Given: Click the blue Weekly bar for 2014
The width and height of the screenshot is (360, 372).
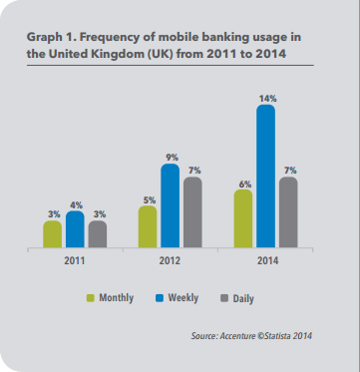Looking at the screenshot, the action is pos(265,177).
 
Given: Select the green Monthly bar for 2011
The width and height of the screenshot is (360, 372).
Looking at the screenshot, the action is pos(53,234).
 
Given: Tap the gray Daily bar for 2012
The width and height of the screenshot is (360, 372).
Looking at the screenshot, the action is pos(192,212).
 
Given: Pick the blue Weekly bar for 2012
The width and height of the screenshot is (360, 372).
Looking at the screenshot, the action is pos(171,205).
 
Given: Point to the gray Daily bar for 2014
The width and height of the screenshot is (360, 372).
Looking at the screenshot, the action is pos(288,212).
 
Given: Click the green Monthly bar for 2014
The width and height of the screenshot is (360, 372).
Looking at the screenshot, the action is pos(243,218).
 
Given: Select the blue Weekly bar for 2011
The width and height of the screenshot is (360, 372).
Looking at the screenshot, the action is pos(75,229).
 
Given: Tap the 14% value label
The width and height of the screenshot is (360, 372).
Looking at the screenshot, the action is pos(266,99).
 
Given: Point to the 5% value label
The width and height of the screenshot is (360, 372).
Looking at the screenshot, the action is pos(150,200).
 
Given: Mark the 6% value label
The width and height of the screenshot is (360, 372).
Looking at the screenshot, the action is pos(245,185).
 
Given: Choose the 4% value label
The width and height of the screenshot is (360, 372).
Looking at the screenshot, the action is pos(77,205).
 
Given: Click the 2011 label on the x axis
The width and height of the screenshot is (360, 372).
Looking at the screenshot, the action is pos(75,261).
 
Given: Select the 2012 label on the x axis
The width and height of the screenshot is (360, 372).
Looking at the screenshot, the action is pos(170,261).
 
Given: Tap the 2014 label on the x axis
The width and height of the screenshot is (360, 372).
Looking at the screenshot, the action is pos(267,261).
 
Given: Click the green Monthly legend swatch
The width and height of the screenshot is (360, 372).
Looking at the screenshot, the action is pos(91,298).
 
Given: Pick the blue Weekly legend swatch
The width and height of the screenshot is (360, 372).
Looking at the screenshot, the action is pos(160,298).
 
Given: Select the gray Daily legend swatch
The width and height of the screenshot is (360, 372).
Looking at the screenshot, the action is pos(224,298).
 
